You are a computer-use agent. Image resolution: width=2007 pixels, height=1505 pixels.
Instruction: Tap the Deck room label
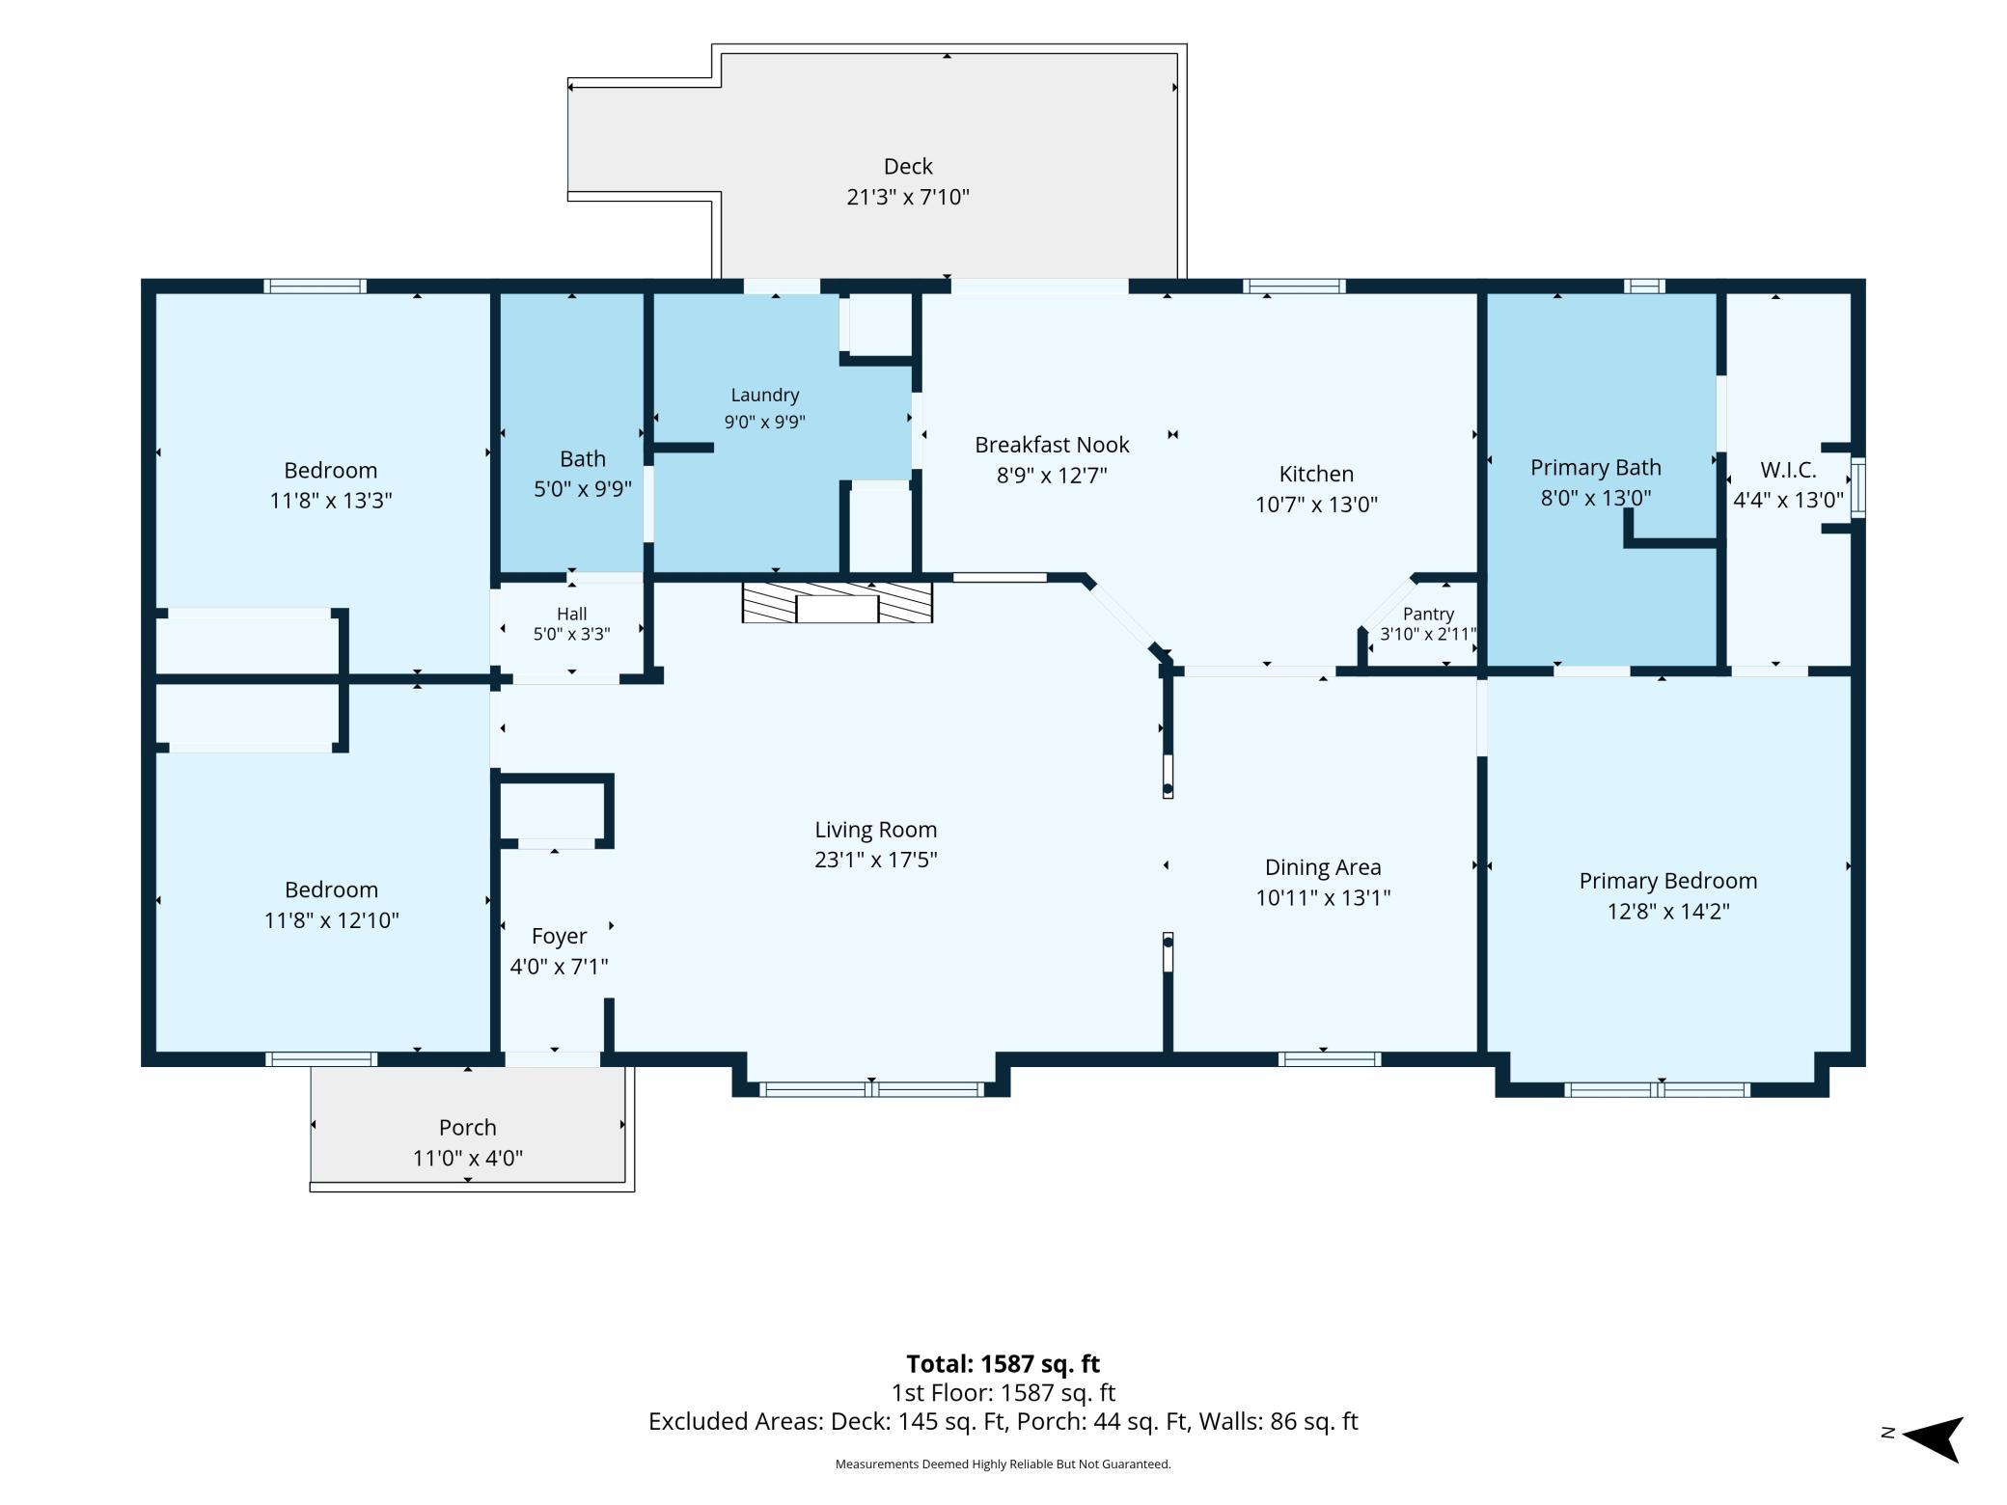908,166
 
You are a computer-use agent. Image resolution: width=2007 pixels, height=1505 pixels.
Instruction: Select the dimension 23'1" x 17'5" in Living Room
876,860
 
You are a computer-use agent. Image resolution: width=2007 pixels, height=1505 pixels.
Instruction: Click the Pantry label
1428,614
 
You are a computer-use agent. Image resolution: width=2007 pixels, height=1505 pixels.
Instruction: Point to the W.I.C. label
1788,470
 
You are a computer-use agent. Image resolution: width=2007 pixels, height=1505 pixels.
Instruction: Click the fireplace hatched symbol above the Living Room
837,602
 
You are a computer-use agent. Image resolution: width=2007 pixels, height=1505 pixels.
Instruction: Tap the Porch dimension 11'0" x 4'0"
468,1158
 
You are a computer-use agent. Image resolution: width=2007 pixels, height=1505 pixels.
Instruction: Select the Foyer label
559,937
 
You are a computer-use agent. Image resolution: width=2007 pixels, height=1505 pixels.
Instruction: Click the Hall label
571,614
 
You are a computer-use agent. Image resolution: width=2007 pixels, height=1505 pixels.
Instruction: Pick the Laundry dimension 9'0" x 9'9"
764,422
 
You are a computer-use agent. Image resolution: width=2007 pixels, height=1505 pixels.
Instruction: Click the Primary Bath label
1596,468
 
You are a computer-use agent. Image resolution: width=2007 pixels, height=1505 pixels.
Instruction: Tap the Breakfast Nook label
1052,445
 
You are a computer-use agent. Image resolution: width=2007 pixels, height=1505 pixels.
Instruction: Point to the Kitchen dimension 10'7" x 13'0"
1316,504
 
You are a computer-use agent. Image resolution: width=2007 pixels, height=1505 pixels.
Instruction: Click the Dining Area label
1323,867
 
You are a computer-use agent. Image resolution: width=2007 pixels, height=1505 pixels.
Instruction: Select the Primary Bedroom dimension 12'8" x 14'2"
1668,911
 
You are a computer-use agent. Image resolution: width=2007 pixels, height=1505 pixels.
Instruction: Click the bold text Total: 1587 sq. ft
1003,1363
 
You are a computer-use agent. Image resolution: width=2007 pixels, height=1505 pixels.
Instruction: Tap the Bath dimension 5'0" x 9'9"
583,489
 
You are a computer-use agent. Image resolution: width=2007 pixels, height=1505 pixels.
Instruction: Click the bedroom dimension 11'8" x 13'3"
331,501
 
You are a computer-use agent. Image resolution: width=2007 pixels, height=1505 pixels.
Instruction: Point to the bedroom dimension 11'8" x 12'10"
331,920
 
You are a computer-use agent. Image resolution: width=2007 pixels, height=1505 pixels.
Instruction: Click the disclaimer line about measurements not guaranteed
1003,1464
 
